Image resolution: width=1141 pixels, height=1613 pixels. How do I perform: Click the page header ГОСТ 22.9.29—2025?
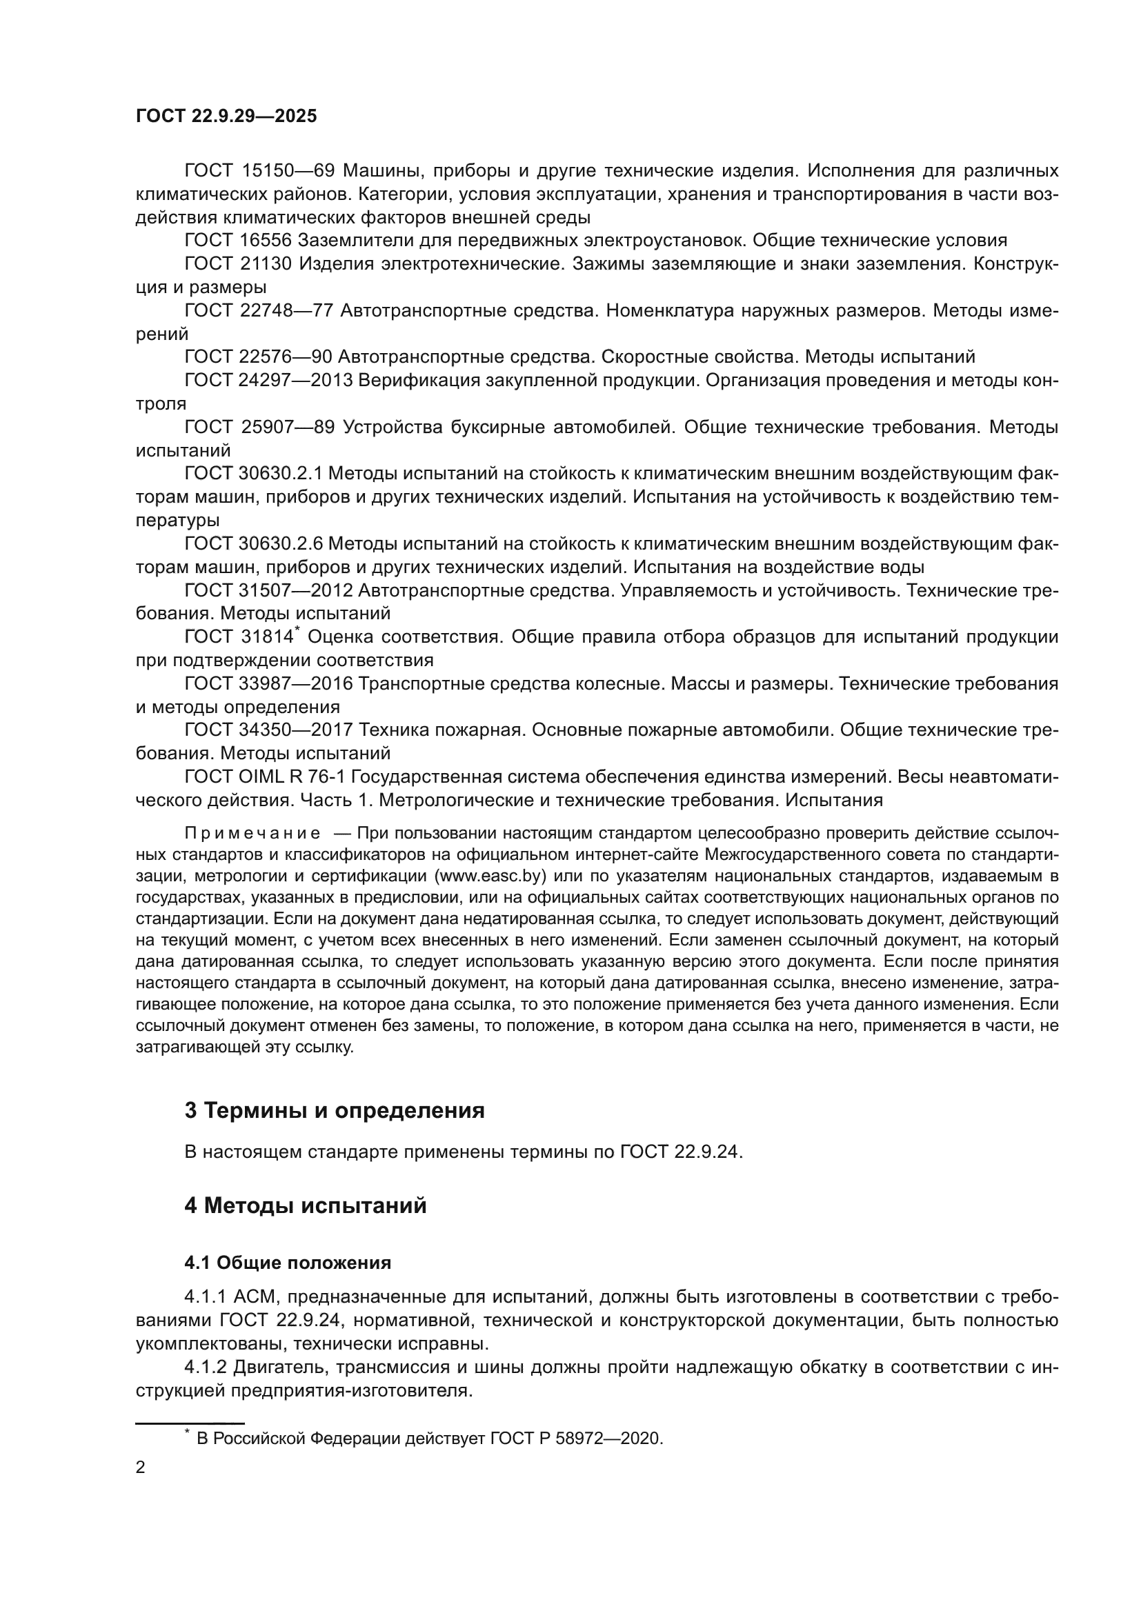[x=226, y=116]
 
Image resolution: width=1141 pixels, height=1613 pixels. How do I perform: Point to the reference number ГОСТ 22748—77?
[x=258, y=310]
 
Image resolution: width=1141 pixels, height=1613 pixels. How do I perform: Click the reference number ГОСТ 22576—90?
[x=258, y=357]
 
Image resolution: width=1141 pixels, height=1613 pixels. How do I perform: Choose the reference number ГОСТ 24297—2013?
[x=268, y=380]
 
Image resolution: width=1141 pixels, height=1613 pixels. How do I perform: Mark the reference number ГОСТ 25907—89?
[x=259, y=427]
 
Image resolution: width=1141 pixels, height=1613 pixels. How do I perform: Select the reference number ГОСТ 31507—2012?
[x=268, y=590]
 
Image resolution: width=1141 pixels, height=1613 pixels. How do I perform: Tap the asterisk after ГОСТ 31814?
[x=297, y=631]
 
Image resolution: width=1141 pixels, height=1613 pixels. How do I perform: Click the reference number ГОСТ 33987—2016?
[x=268, y=683]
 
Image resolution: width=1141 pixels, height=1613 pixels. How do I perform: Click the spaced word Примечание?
[x=252, y=834]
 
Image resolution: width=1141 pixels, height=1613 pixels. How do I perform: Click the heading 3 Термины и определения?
[x=334, y=1111]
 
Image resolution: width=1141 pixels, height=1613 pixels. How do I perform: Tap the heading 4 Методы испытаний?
[x=305, y=1205]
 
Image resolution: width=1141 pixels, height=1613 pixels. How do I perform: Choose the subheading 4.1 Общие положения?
[x=288, y=1263]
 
